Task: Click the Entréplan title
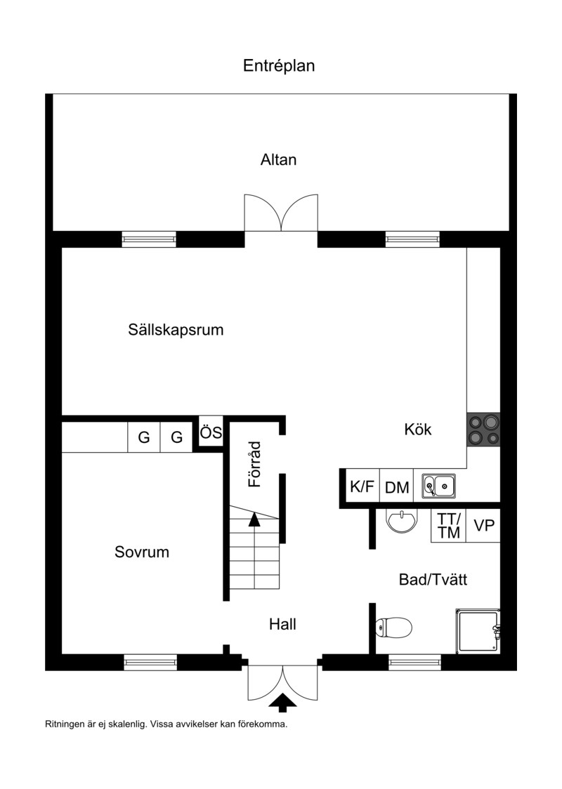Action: (x=279, y=66)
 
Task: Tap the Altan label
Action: (x=278, y=159)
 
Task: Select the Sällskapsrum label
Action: (x=176, y=330)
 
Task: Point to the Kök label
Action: (x=418, y=429)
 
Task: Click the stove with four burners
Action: (x=483, y=429)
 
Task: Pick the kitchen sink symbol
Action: (x=438, y=486)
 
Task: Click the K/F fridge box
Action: (x=362, y=486)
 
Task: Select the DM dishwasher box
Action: (x=397, y=486)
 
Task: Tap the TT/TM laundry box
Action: (x=449, y=525)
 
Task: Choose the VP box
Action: (x=483, y=525)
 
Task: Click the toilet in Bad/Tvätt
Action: (x=394, y=628)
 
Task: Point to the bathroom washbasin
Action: (x=402, y=520)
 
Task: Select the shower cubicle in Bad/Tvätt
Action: (x=478, y=631)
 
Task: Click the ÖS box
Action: (x=211, y=432)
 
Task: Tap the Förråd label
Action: (x=255, y=465)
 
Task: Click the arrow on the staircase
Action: (x=255, y=519)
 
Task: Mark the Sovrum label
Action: (x=142, y=552)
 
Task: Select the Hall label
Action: (x=282, y=625)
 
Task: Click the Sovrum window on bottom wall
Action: (x=150, y=662)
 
